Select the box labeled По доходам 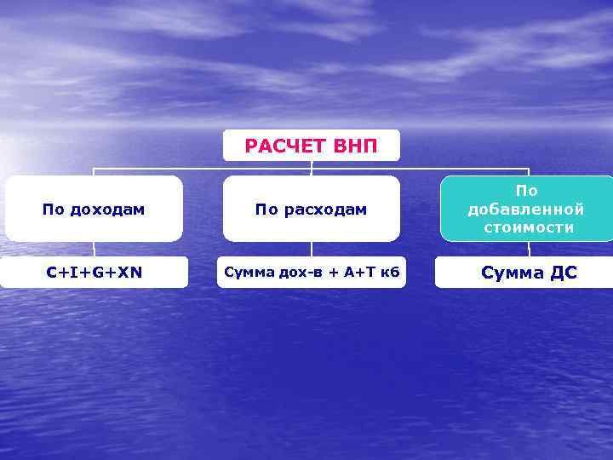[94, 209]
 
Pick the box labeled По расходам [312, 209]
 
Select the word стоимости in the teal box [528, 227]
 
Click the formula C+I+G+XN [94, 273]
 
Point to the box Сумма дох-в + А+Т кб [312, 273]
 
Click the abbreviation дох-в [295, 273]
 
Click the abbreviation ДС [561, 273]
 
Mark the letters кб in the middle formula [390, 273]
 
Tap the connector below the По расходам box [312, 249]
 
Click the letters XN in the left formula [130, 273]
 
